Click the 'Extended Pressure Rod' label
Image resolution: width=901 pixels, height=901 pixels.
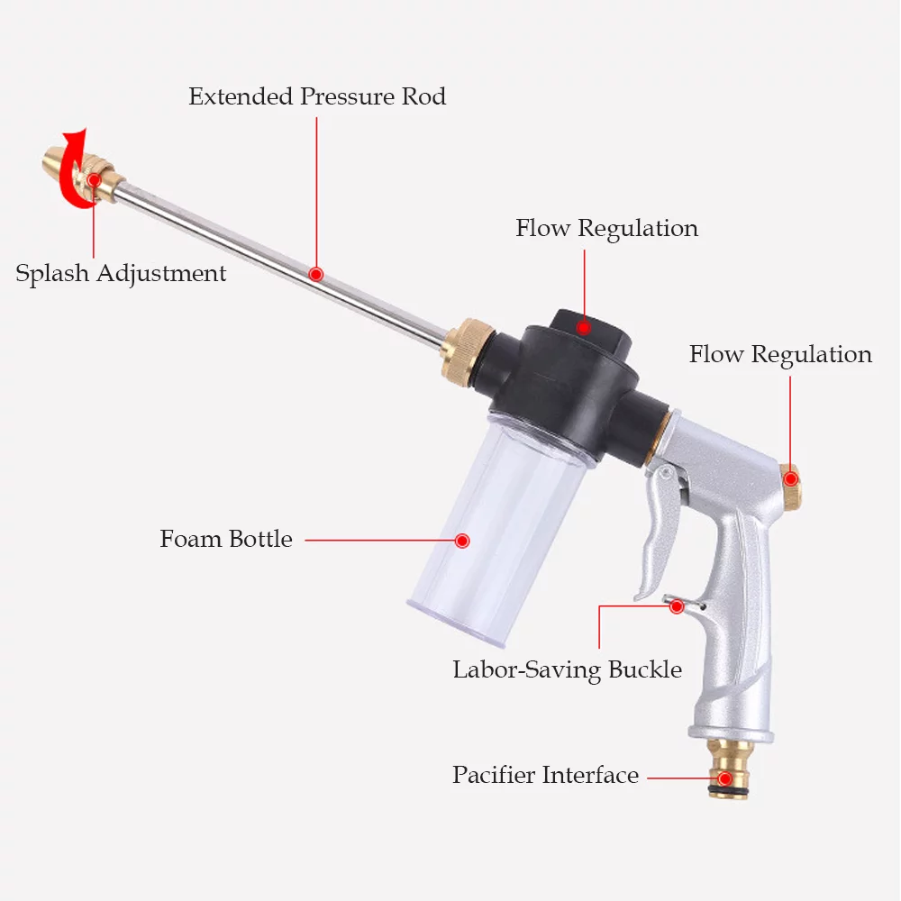point(317,96)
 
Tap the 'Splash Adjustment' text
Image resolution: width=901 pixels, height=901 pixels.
point(121,273)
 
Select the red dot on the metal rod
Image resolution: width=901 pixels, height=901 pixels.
point(315,273)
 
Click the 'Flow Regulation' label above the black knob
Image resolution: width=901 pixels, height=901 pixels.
point(606,229)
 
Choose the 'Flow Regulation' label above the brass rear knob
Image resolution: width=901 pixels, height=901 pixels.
point(780,354)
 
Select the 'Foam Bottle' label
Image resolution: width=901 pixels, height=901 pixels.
point(226,540)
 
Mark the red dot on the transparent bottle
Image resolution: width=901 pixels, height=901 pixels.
point(462,541)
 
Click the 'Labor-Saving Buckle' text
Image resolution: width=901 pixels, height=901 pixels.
point(567,669)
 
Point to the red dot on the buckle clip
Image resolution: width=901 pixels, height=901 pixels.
point(677,606)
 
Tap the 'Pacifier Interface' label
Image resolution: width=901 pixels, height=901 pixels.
point(545,775)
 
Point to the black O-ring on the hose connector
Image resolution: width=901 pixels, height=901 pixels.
point(728,789)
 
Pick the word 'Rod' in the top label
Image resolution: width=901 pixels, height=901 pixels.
point(423,96)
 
